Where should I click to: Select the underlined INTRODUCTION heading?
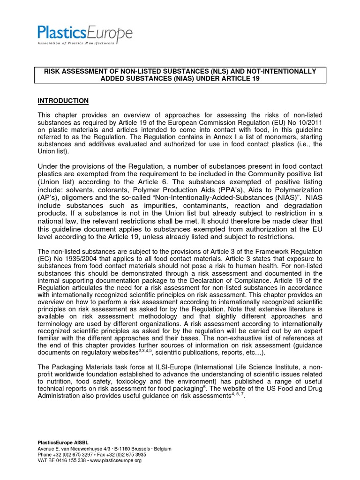click(x=62, y=101)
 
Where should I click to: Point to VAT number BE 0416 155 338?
click(x=63, y=461)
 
